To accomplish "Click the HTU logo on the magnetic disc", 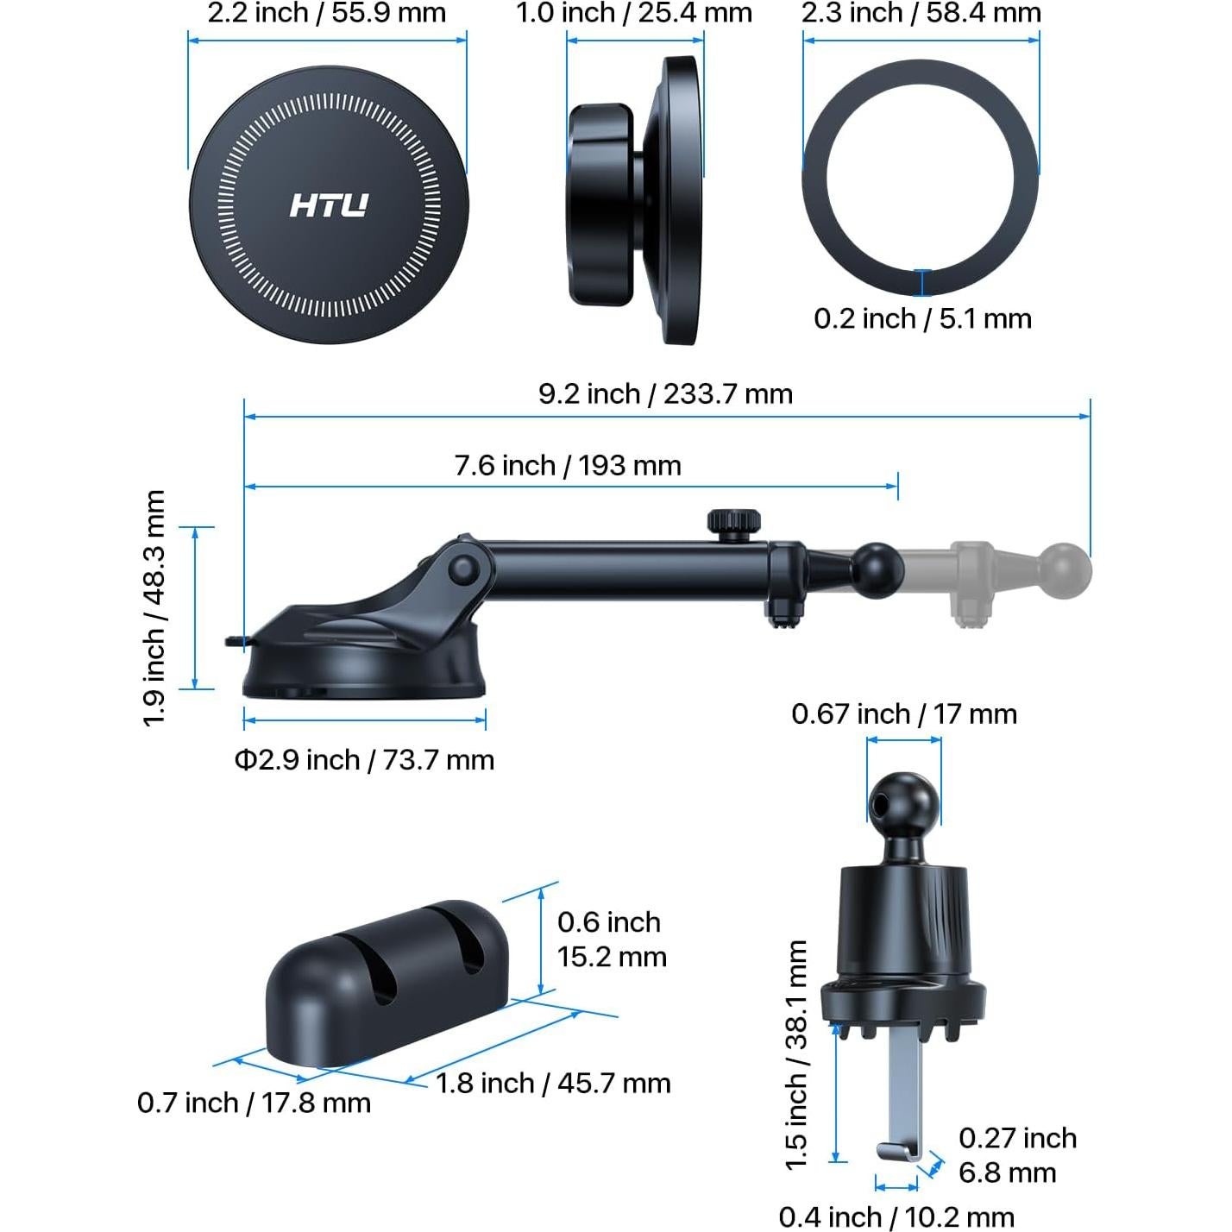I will coord(329,205).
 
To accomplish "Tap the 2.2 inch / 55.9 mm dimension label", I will coord(327,14).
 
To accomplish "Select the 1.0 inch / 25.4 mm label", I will coord(634,14).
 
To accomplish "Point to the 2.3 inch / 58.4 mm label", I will coord(921,14).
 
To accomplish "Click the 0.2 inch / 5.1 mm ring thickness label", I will coord(922,318).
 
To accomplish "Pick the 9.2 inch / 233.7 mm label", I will coord(665,393).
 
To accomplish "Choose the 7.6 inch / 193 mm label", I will coord(568,466).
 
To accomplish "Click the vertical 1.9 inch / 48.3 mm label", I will coord(154,608).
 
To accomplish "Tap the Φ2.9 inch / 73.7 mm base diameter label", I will coord(364,760).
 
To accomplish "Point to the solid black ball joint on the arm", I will coord(877,570).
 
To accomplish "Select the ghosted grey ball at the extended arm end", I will coord(1066,570).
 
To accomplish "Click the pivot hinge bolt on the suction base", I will coord(464,569).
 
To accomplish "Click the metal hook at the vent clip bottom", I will coord(900,1151).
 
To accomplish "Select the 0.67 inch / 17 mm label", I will coord(904,714).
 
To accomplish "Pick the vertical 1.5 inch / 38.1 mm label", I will coord(796,1054).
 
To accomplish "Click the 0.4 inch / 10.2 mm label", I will coord(896,1217).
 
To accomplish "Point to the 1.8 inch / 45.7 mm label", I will coord(553,1084).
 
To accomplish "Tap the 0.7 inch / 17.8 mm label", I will coord(254,1103).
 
